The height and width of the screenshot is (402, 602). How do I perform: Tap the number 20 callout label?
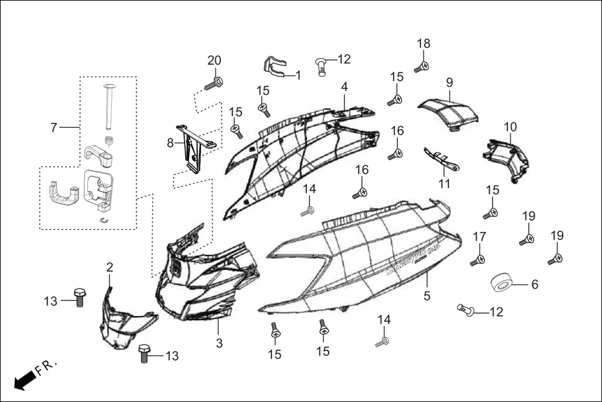click(214, 60)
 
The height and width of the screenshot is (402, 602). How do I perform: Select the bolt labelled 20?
click(213, 82)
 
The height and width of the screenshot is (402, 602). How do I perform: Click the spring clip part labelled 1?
click(272, 67)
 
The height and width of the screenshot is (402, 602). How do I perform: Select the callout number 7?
click(54, 128)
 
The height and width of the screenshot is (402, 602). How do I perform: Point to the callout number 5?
click(427, 296)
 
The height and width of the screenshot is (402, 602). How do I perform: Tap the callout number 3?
click(219, 342)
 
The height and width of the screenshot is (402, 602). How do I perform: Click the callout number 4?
click(344, 86)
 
